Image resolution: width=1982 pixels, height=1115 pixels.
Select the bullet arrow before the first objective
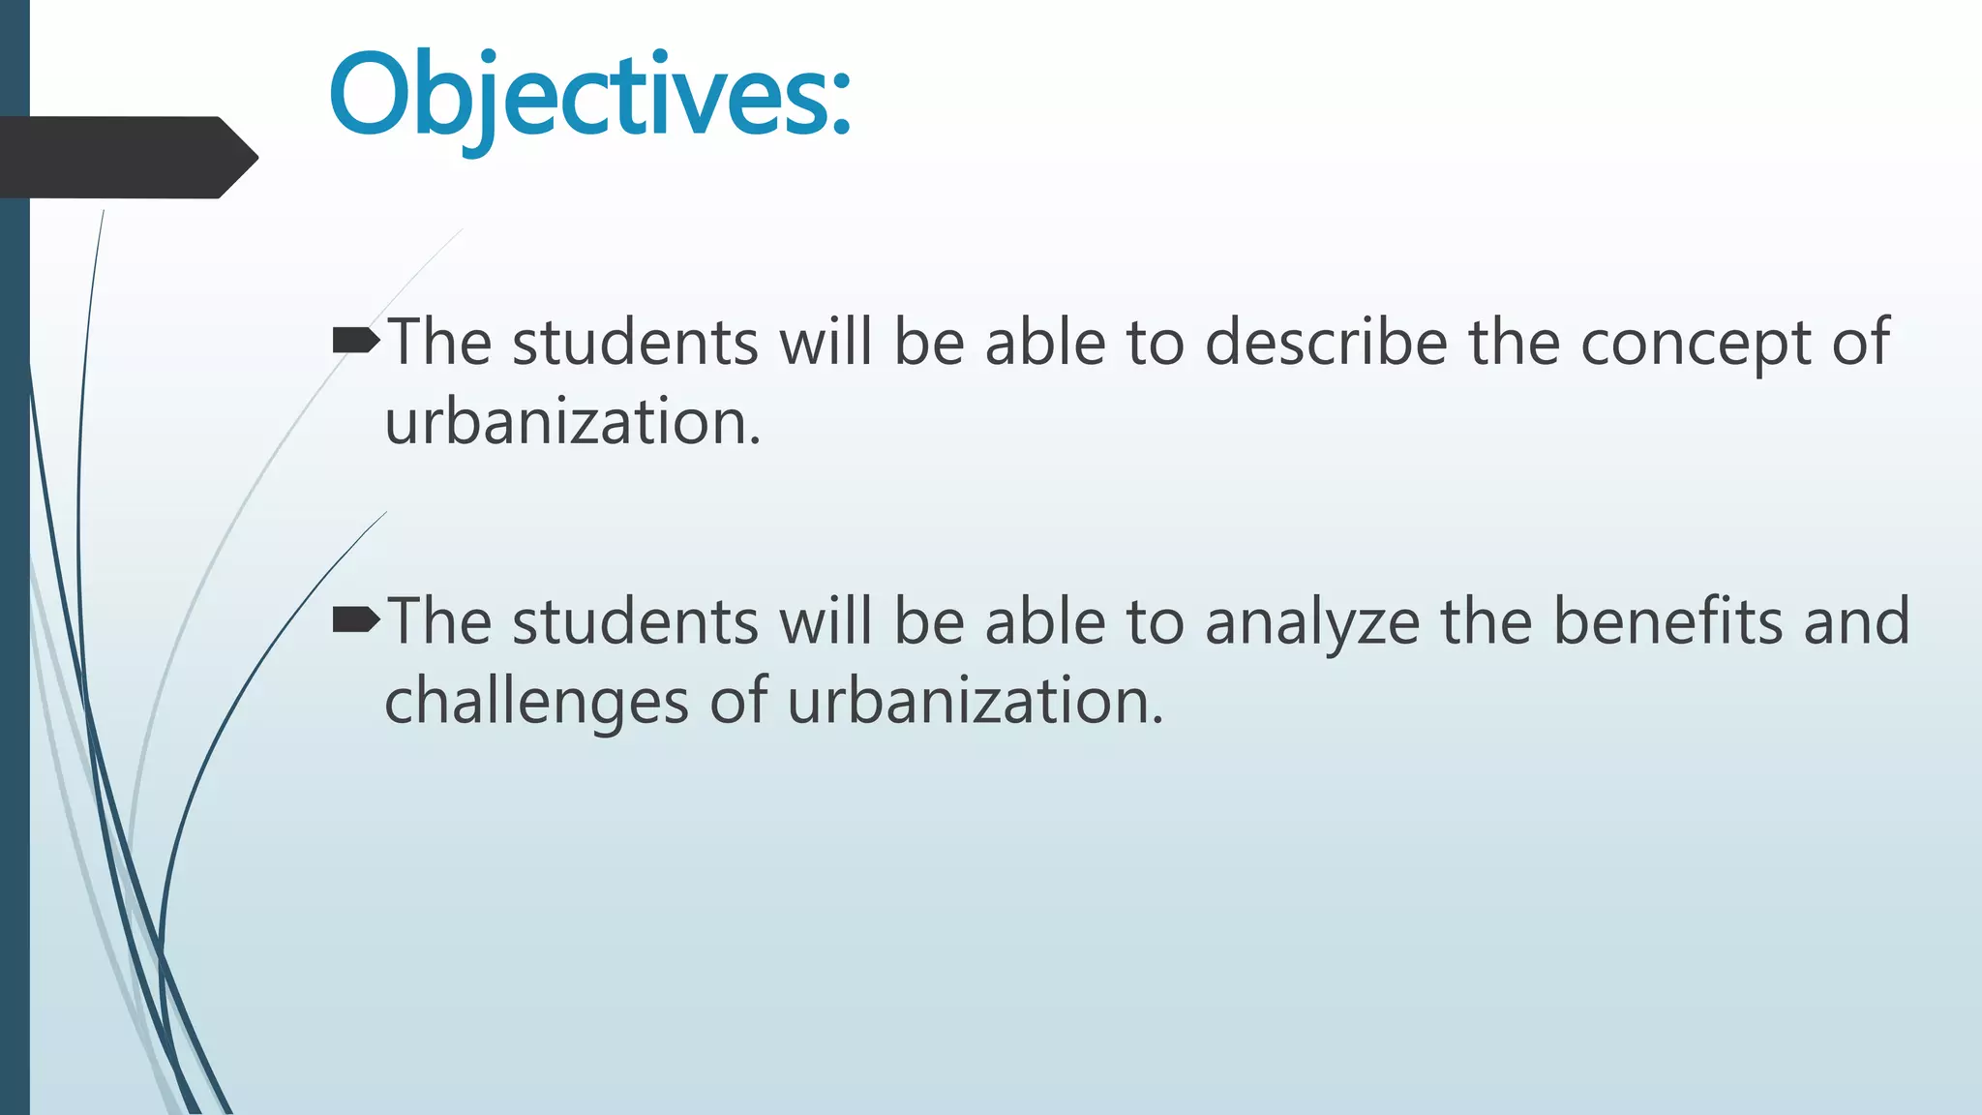(355, 341)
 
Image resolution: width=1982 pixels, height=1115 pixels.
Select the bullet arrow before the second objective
(355, 619)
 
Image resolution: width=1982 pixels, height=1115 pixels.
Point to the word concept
(1696, 344)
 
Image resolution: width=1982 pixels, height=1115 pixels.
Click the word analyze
(1312, 622)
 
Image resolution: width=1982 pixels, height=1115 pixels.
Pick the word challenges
(536, 702)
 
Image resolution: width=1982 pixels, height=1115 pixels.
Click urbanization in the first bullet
(572, 422)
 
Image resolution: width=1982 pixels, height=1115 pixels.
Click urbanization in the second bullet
(975, 701)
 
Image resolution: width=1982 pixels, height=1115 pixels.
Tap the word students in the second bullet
(635, 620)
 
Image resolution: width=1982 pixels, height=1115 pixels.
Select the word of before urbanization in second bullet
(739, 701)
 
